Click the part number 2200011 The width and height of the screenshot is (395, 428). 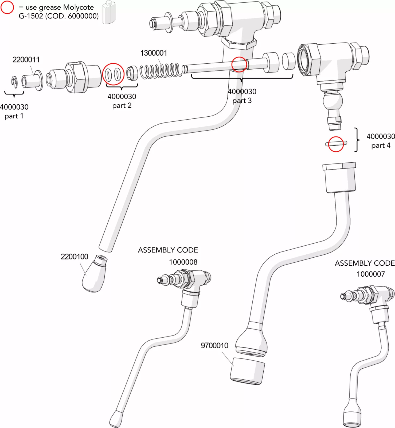26,59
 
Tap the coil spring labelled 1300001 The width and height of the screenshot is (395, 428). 160,71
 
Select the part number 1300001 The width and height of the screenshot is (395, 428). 154,53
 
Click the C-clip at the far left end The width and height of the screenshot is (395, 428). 14,82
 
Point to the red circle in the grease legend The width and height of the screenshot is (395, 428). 7,7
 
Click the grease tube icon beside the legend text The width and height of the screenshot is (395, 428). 109,13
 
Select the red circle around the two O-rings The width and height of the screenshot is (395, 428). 113,74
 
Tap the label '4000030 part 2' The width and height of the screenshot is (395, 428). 122,101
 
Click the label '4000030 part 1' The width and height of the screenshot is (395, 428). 14,111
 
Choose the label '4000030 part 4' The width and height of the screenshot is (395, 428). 381,141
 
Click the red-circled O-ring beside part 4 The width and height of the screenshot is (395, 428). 336,144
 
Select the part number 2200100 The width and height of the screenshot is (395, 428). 74,257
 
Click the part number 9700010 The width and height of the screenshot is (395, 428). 214,345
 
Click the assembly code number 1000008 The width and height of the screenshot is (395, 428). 183,262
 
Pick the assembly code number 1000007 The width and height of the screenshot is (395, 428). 371,274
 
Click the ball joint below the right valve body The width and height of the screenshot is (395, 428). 333,102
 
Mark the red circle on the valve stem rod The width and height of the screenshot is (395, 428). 239,64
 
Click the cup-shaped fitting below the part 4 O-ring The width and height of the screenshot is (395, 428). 339,178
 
